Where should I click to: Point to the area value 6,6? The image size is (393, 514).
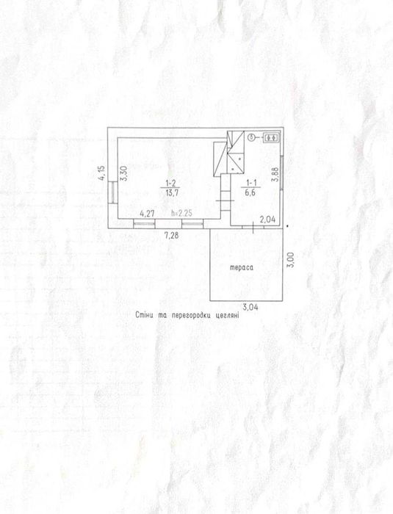[250, 192]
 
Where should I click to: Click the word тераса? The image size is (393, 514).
[241, 268]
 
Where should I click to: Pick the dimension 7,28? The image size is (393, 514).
[172, 235]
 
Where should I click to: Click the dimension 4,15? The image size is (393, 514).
[102, 173]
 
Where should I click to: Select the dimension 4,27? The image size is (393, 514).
[147, 214]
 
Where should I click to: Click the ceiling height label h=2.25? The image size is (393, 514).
[181, 214]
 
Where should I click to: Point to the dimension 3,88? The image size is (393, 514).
[275, 175]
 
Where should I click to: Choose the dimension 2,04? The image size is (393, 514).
[267, 220]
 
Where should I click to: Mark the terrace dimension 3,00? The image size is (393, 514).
[290, 260]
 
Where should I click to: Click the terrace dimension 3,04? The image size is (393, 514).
[250, 307]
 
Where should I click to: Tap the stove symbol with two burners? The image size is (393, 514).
[271, 138]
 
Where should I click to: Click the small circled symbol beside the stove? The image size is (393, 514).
[252, 137]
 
